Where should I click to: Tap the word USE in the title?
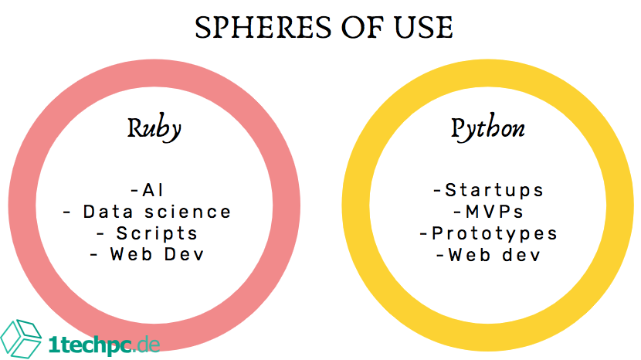point(423,28)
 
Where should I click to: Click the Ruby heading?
point(154,128)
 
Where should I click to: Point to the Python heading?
point(487,128)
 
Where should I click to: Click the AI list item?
point(148,190)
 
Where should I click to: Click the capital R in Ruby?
point(135,128)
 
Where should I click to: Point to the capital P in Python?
point(458,128)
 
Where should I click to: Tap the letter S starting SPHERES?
point(203,28)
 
